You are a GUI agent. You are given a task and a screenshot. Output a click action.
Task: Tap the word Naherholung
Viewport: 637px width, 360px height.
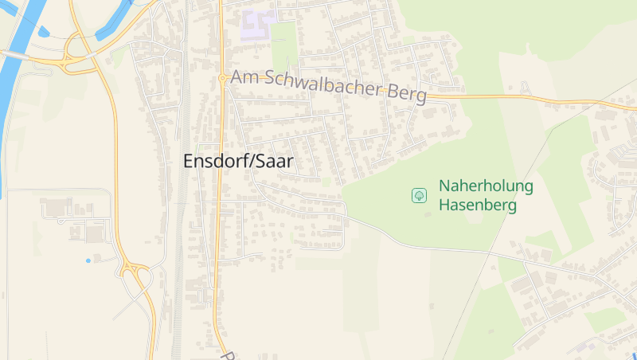486,187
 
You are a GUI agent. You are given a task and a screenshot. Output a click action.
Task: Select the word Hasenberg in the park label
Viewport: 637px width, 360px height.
478,205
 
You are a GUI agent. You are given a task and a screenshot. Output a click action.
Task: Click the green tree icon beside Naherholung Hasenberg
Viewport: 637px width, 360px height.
419,195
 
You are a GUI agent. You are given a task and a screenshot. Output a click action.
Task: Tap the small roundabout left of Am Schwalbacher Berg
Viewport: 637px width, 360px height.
221,78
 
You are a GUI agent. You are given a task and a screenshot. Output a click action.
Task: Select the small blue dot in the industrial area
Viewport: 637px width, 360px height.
88,260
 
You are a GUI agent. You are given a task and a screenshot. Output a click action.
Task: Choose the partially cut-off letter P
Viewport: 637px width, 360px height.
227,355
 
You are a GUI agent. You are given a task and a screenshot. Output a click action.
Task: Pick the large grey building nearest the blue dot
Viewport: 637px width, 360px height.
95,234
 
